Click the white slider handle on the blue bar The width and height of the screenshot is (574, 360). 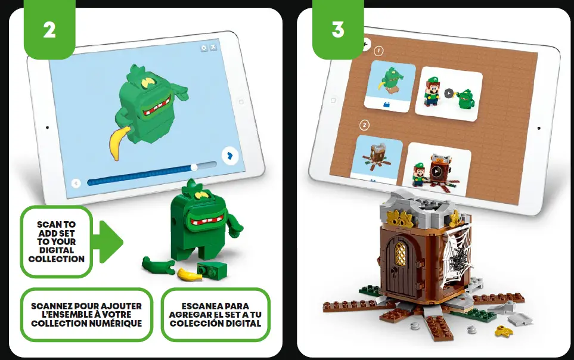194,166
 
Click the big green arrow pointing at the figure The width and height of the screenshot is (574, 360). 110,241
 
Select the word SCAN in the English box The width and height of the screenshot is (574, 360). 48,225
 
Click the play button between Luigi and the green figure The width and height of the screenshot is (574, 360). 449,93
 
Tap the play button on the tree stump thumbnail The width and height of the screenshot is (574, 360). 436,172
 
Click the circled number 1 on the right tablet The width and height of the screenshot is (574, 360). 379,52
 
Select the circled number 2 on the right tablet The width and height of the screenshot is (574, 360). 365,125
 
